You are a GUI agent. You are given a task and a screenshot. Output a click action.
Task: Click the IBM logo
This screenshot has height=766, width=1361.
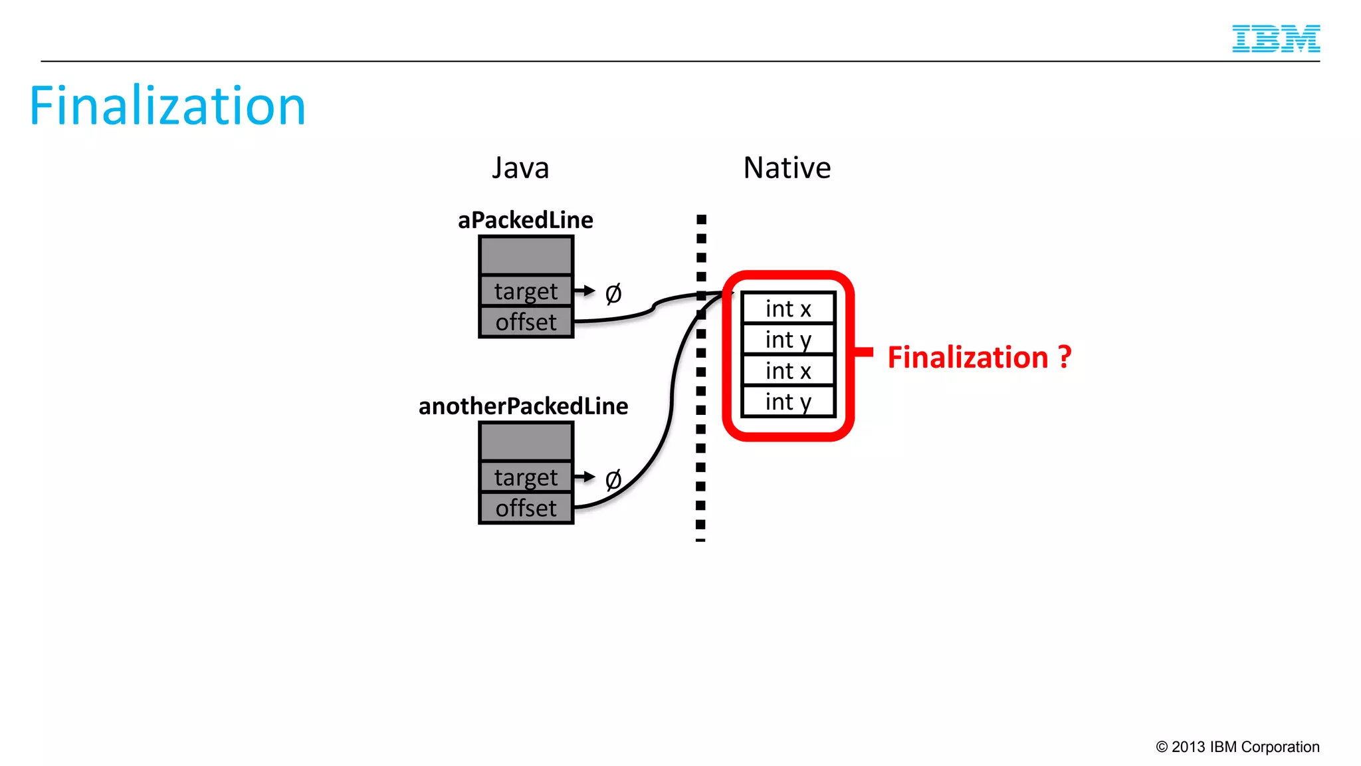point(1275,39)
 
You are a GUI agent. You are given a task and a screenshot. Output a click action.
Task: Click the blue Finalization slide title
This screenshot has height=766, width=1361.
point(167,106)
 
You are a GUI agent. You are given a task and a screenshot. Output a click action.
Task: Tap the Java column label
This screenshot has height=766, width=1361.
point(520,168)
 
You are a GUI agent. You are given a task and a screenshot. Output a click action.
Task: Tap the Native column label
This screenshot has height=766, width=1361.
point(787,168)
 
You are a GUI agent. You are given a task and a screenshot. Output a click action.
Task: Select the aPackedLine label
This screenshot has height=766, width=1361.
point(525,220)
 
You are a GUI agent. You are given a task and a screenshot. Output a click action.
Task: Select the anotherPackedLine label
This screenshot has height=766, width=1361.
point(523,406)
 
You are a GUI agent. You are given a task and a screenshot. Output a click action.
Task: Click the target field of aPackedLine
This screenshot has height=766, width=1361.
point(526,291)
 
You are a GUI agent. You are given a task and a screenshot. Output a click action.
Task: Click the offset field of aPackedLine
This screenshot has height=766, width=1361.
point(526,322)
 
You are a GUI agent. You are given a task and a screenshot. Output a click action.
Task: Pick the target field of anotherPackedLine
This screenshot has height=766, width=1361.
point(526,477)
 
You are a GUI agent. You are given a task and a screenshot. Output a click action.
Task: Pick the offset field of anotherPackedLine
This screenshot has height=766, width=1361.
point(526,509)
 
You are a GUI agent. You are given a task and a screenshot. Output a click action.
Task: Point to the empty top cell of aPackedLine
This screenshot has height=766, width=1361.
point(526,255)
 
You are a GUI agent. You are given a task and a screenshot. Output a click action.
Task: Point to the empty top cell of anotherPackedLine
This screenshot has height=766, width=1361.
point(526,442)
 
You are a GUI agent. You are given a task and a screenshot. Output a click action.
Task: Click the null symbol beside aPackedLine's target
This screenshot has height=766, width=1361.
point(613,293)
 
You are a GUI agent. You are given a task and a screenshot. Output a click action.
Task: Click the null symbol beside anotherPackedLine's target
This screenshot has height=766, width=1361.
point(613,479)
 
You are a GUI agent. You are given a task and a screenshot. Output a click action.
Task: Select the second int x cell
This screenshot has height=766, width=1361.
point(788,371)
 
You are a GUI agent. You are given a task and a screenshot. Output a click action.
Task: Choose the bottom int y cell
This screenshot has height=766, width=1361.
point(788,402)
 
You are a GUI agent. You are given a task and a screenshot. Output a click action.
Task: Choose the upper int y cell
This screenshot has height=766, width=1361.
point(788,340)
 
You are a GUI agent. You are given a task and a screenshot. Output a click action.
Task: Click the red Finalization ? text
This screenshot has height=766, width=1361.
point(979,358)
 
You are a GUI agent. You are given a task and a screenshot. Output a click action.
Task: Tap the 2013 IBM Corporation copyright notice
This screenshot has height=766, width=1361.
point(1237,747)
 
